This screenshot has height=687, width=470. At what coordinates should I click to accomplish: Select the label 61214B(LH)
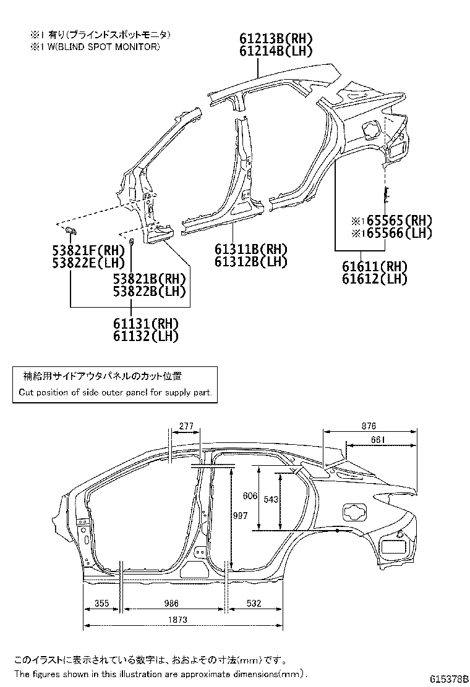(275, 51)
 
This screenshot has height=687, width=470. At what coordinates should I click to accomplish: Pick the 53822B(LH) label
(150, 292)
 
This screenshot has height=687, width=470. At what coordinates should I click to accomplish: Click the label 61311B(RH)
(252, 250)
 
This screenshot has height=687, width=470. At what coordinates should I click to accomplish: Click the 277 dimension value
(185, 426)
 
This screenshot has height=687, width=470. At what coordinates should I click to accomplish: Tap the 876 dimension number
(369, 426)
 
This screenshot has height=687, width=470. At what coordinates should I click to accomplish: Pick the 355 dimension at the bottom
(103, 603)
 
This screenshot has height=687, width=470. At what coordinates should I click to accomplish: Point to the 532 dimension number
(254, 603)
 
